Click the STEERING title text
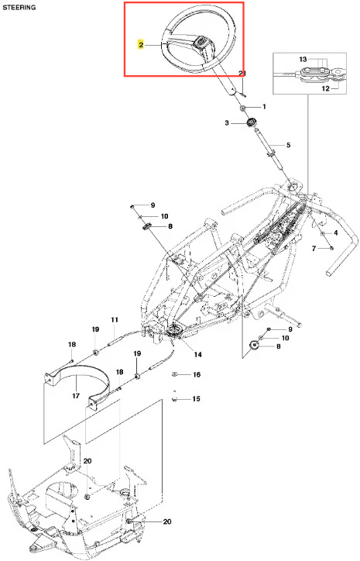tap(19, 7)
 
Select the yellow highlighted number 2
tap(141, 45)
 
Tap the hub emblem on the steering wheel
tap(201, 42)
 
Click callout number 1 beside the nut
tap(264, 107)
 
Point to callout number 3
tap(227, 123)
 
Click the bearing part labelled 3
tap(252, 122)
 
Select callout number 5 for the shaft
tap(288, 145)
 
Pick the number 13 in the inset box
tap(303, 60)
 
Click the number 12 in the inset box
tap(325, 88)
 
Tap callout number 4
tap(335, 233)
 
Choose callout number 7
tap(314, 248)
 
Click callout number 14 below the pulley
tap(197, 354)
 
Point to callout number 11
tap(114, 319)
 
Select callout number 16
tap(197, 374)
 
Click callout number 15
tap(197, 399)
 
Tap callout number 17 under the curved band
tap(76, 396)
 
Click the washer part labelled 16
tap(174, 374)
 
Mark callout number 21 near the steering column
tap(242, 74)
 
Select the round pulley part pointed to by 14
tap(175, 332)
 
